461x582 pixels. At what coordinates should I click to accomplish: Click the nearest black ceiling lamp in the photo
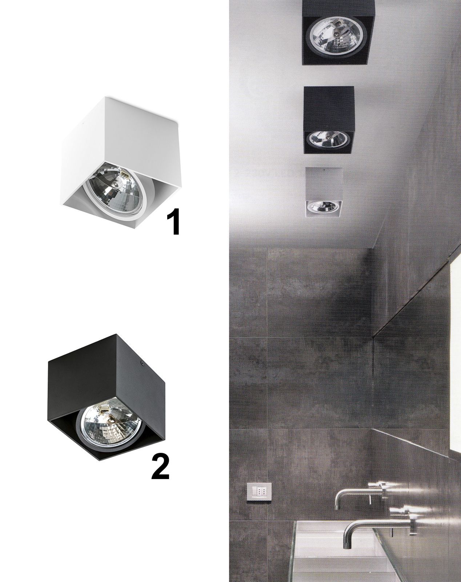coord(338,32)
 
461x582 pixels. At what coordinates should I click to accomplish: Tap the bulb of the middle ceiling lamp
coord(329,139)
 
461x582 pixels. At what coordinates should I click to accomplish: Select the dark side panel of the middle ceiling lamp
coord(329,108)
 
